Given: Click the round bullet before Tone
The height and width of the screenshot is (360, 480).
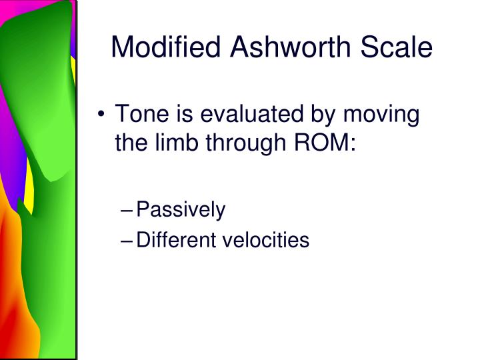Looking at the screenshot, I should (x=102, y=115).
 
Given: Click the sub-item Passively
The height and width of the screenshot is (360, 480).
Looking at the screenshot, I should (x=181, y=211).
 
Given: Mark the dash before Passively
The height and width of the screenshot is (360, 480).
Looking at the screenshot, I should (x=127, y=211).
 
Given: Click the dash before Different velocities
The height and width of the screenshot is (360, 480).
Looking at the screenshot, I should (x=127, y=240).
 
